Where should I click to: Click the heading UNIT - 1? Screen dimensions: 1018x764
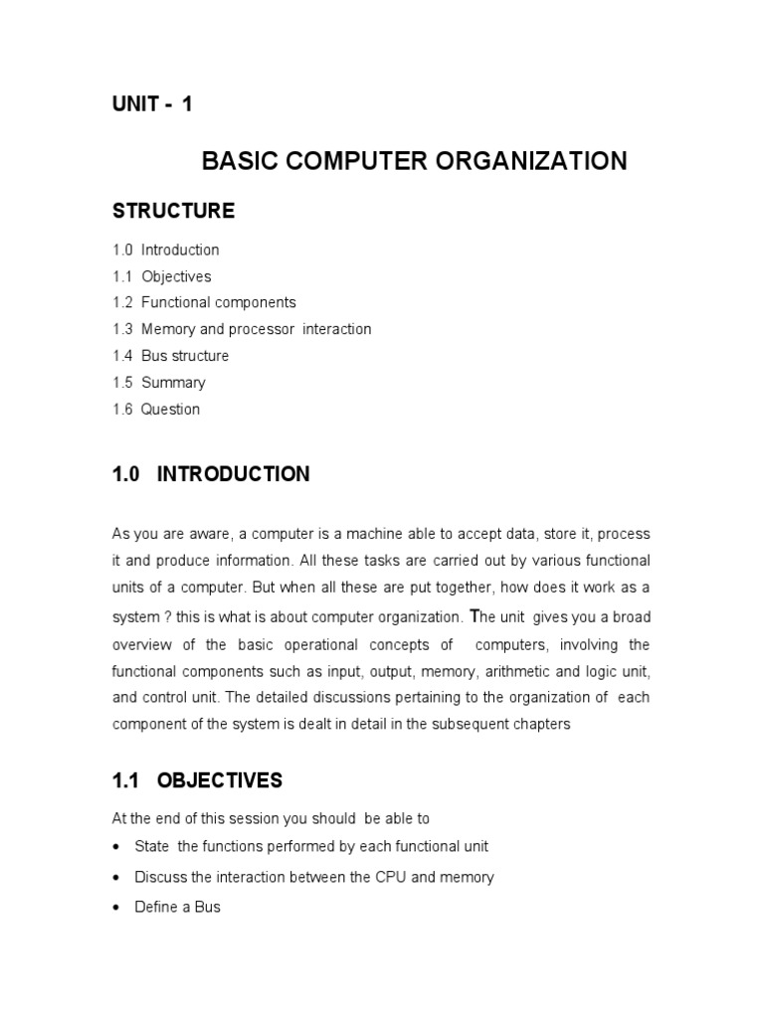[x=152, y=104]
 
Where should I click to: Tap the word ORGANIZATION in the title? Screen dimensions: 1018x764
[x=537, y=161]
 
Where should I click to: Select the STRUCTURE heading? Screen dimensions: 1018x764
[x=173, y=211]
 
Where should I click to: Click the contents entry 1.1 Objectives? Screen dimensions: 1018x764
[x=161, y=276]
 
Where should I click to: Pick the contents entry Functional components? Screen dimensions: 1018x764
[x=218, y=302]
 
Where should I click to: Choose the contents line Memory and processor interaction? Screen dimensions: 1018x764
[x=256, y=329]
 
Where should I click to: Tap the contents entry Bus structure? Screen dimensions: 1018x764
[x=184, y=356]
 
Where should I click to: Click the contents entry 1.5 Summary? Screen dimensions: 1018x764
[x=159, y=383]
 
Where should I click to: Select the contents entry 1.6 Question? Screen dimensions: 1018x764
[x=156, y=410]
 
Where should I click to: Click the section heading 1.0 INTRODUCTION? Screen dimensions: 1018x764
[x=211, y=475]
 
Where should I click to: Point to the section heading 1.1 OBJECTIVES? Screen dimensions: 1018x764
[x=197, y=781]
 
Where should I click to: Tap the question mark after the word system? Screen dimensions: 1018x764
[x=168, y=616]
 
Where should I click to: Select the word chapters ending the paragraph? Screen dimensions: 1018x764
[x=543, y=725]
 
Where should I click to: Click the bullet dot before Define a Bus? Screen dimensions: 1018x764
[x=116, y=908]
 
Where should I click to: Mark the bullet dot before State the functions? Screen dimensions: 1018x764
[x=116, y=847]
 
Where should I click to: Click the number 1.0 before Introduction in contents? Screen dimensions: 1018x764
[x=122, y=250]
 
